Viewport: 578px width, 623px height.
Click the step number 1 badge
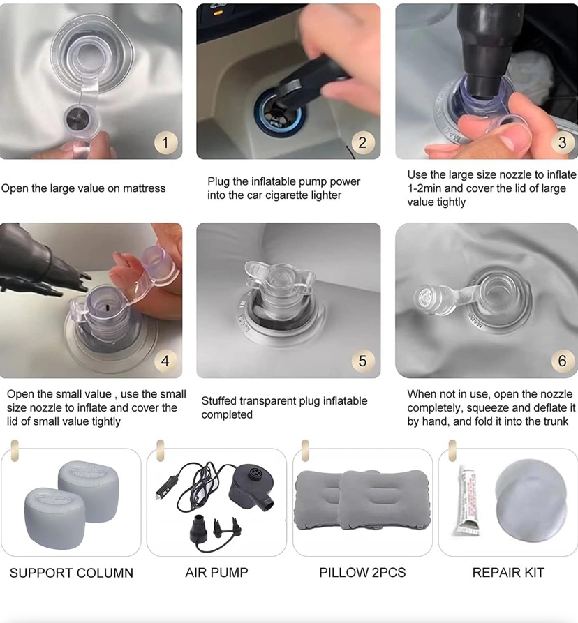[x=165, y=142]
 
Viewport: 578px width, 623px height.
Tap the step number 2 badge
[x=362, y=142]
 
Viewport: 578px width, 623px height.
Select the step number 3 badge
[x=562, y=142]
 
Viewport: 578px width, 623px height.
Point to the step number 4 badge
[x=165, y=361]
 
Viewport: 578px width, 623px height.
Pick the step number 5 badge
[x=362, y=361]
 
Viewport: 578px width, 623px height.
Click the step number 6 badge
[x=562, y=361]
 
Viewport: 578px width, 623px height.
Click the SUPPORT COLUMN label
[x=71, y=573]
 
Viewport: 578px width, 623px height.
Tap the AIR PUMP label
[x=216, y=572]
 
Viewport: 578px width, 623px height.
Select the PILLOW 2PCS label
[x=362, y=572]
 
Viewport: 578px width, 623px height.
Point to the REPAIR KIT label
[x=508, y=572]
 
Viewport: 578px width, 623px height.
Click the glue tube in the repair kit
[x=468, y=501]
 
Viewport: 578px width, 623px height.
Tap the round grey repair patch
[x=531, y=501]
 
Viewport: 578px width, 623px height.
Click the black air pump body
[x=253, y=487]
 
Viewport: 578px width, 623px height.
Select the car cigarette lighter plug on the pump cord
[x=164, y=487]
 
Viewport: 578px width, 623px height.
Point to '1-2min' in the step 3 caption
[x=426, y=188]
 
